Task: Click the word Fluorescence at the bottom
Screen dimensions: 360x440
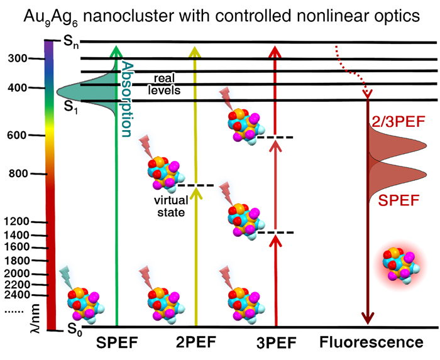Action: coord(371,343)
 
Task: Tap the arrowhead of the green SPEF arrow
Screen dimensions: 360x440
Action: coord(116,49)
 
